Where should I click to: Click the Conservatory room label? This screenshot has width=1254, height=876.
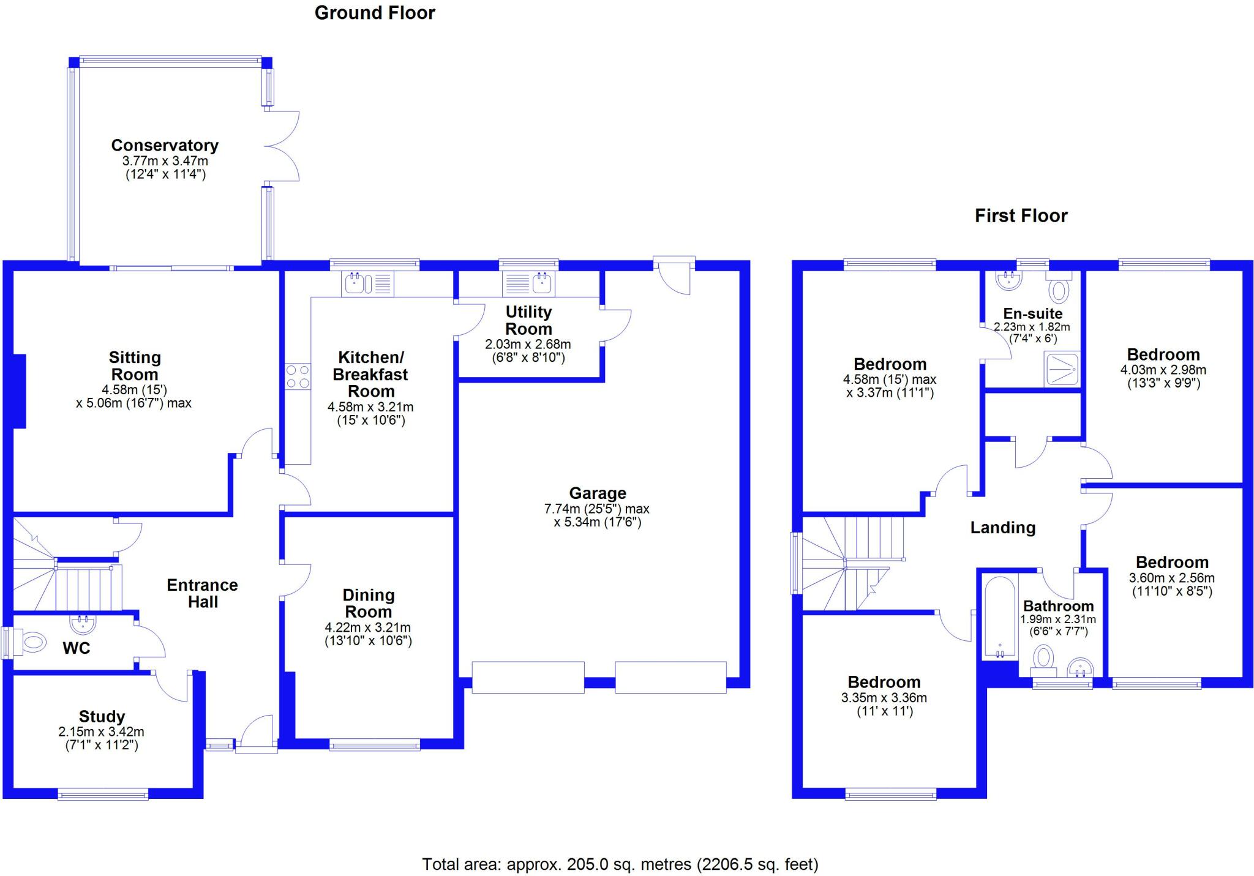pyautogui.click(x=165, y=146)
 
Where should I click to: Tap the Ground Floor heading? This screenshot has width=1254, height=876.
pyautogui.click(x=375, y=13)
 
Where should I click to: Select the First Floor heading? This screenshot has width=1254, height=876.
pyautogui.click(x=1021, y=215)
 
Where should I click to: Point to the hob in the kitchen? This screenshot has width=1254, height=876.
pyautogui.click(x=298, y=376)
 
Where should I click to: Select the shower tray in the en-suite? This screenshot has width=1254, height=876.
pyautogui.click(x=1062, y=369)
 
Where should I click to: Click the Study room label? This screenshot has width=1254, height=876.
pyautogui.click(x=102, y=716)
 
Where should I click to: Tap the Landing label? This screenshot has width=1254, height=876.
pyautogui.click(x=1003, y=528)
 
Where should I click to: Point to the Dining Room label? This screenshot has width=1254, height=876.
pyautogui.click(x=369, y=603)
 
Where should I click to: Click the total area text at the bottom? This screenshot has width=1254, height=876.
pyautogui.click(x=620, y=864)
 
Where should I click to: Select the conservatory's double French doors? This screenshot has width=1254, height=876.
pyautogui.click(x=282, y=146)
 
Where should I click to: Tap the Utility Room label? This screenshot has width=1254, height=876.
pyautogui.click(x=528, y=320)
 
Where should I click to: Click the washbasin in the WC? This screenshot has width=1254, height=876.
pyautogui.click(x=83, y=624)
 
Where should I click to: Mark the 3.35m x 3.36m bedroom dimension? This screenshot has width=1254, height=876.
pyautogui.click(x=884, y=698)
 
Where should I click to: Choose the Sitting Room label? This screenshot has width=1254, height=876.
pyautogui.click(x=134, y=366)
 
